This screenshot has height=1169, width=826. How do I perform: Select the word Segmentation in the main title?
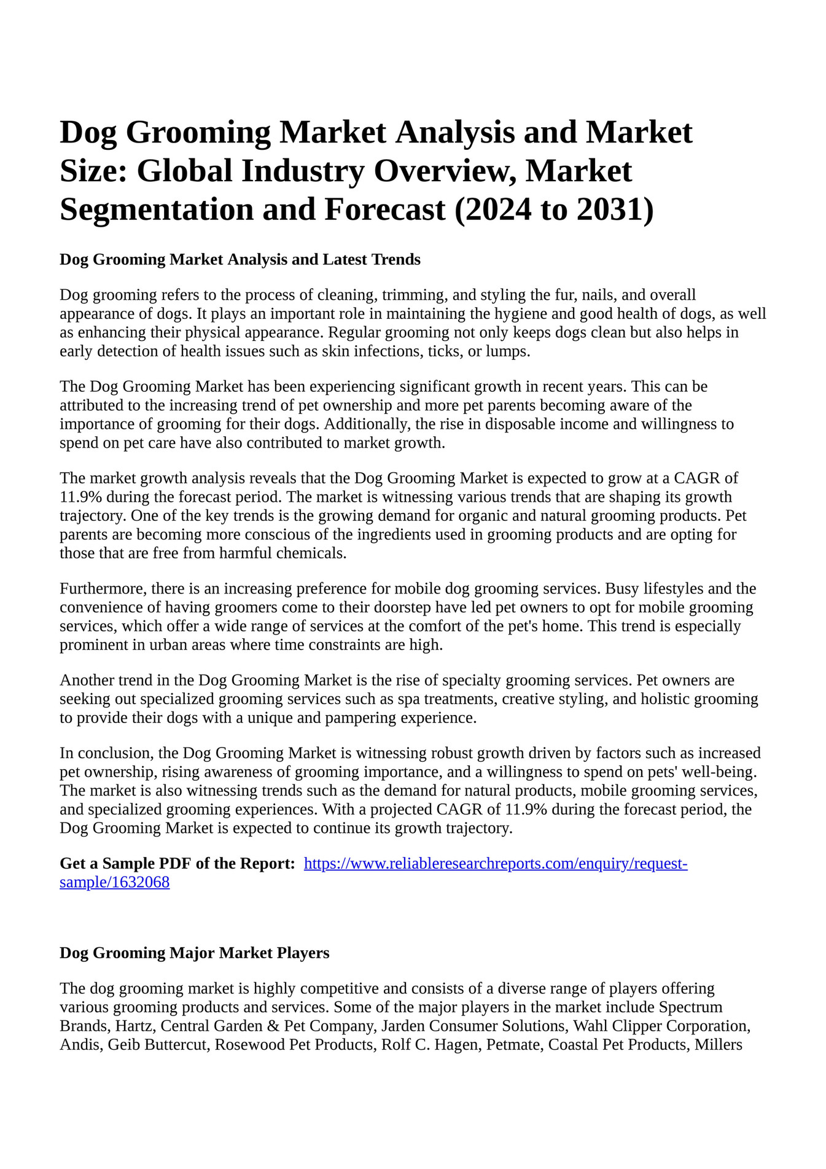157,209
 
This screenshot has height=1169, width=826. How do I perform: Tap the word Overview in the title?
444,171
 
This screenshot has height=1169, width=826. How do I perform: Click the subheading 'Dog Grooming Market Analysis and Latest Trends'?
240,259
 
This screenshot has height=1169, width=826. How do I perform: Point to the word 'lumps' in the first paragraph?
507,351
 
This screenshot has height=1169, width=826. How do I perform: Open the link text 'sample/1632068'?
114,883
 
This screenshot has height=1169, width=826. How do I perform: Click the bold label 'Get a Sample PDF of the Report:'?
177,864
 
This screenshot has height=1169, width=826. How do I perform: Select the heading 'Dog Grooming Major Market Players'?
194,953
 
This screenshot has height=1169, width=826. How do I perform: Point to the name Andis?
80,1044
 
